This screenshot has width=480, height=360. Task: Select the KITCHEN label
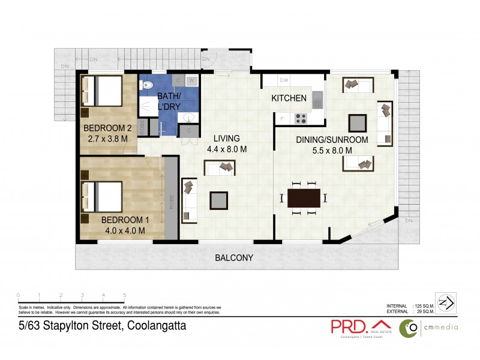[289, 98]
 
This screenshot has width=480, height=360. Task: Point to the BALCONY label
[234, 258]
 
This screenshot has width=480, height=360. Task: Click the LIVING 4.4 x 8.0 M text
[227, 144]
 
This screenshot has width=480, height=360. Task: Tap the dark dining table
[304, 197]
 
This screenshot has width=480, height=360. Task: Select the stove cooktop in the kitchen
[301, 118]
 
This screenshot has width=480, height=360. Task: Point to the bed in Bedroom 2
[104, 92]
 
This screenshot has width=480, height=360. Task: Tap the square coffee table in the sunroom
[357, 122]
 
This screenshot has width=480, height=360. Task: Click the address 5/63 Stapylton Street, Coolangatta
[101, 326]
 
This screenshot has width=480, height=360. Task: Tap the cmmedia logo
[430, 327]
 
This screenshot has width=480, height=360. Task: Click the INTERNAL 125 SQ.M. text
[412, 306]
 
